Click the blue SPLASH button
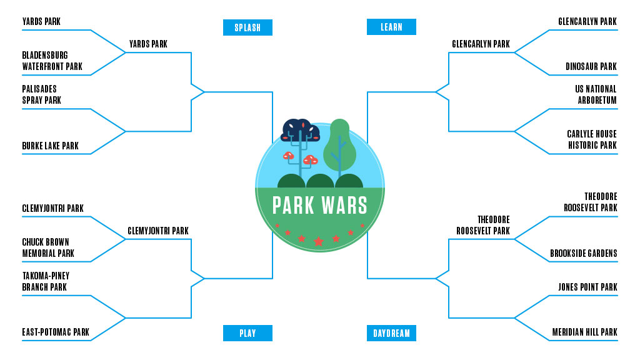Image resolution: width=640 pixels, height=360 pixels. [247, 27]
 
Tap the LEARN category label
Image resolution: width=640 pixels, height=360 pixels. [391, 27]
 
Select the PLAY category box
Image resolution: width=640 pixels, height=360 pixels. [247, 333]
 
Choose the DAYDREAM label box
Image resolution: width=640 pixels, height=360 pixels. [391, 333]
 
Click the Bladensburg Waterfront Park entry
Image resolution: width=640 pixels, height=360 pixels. [52, 61]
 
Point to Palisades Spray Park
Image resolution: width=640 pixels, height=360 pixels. [42, 95]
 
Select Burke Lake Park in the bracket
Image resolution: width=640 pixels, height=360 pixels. [51, 146]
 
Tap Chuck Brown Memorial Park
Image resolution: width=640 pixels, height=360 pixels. [48, 247]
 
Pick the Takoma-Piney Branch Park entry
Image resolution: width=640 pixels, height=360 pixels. [46, 281]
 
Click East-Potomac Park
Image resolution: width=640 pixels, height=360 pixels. [56, 332]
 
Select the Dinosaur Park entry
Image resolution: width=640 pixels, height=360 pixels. [591, 67]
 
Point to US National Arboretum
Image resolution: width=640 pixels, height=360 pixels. [596, 95]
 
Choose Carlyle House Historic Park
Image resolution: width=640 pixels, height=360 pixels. [591, 140]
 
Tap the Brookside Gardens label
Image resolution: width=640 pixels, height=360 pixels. [583, 254]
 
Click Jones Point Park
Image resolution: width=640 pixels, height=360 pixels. [587, 287]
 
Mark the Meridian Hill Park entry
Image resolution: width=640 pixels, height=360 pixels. [584, 332]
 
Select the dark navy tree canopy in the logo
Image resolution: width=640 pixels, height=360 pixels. [301, 130]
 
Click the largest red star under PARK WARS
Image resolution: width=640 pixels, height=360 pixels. [319, 241]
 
